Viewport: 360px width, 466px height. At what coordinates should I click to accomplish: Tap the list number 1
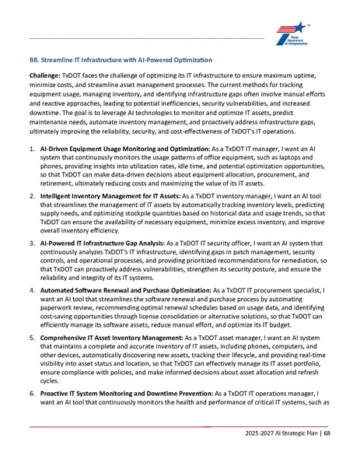point(31,148)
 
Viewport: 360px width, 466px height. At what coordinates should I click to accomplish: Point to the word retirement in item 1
point(61,184)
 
